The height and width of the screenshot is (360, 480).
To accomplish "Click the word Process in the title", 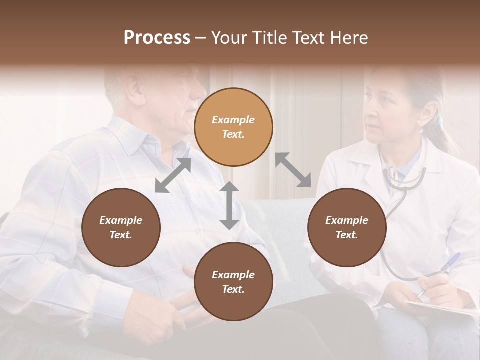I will [157, 38].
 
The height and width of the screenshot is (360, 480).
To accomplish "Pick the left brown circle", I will [121, 227].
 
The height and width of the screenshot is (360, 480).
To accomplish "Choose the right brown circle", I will [347, 227].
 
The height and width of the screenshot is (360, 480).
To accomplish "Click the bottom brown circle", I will [233, 282].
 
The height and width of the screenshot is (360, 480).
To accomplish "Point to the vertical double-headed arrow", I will [229, 205].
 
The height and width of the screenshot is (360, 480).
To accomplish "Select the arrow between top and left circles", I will [173, 175].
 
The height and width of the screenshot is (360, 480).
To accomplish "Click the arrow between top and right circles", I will [293, 170].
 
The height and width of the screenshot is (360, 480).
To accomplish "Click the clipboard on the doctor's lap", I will [440, 307].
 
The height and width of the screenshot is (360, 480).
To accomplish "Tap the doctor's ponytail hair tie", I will [440, 121].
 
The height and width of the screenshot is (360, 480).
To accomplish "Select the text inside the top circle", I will [233, 127].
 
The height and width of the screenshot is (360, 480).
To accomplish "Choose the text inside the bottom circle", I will [233, 282].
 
